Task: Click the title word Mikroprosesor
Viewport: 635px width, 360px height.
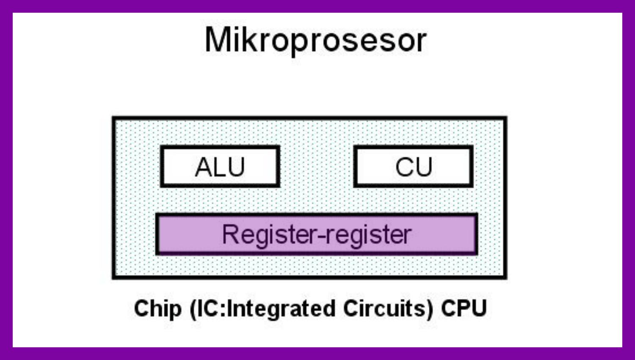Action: [315, 41]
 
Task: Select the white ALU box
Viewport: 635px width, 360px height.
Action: [220, 166]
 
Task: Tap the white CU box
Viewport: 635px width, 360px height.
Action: [413, 166]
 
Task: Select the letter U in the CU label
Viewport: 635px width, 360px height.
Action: [424, 167]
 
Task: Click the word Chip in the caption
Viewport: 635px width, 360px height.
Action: [157, 309]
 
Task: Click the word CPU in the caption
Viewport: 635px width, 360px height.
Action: [464, 308]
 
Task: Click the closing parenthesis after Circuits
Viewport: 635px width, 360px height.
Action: [430, 309]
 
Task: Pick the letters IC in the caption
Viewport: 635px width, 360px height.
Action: [208, 308]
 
